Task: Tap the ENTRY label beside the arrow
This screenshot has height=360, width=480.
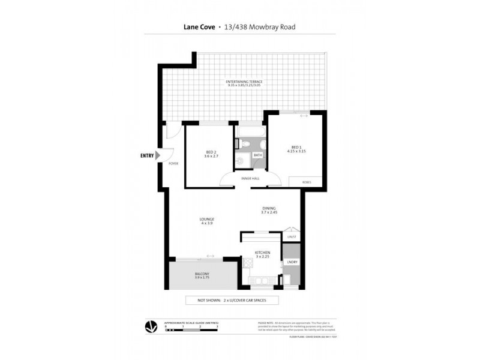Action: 146,155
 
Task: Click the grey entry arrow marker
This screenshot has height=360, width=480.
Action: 158,155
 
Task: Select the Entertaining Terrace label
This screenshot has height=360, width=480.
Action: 244,81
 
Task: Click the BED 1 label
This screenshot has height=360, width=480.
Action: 296,147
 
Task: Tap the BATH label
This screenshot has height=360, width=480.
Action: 257,155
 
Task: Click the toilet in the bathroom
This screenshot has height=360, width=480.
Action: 241,142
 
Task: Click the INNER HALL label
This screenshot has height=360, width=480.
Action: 250,178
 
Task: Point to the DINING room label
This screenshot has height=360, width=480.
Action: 268,208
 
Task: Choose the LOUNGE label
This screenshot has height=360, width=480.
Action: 207,220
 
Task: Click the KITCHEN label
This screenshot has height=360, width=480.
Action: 263,253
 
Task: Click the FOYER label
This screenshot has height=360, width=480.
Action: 173,163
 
